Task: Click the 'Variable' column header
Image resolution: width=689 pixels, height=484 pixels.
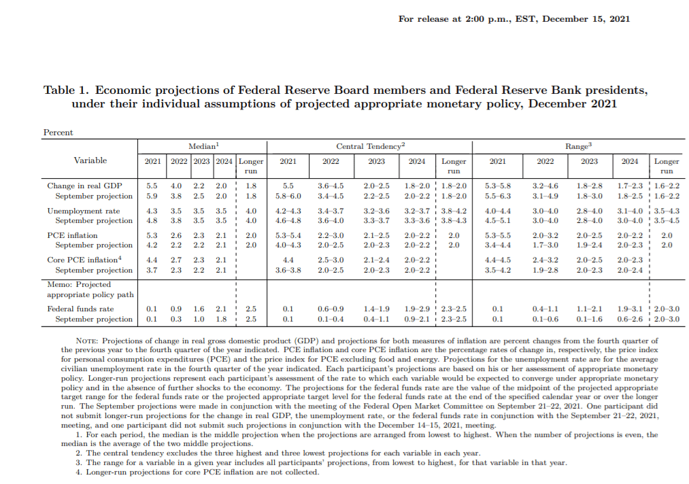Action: [90, 160]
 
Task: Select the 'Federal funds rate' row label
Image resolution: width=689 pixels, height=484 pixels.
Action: [80, 309]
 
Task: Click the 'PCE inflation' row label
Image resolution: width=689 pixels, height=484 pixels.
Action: [73, 235]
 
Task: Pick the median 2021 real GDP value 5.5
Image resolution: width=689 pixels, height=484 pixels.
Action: [152, 186]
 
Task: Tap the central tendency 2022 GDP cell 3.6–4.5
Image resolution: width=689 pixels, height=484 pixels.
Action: [331, 186]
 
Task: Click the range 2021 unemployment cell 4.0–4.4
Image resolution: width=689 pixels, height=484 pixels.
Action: [498, 211]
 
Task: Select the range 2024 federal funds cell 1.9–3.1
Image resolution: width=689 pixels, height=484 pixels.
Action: [630, 309]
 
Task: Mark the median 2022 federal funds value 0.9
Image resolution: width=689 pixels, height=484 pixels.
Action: [175, 309]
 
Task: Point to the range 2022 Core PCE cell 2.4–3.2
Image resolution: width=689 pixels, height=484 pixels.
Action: [545, 260]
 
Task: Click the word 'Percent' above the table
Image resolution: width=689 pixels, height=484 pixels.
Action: [58, 133]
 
